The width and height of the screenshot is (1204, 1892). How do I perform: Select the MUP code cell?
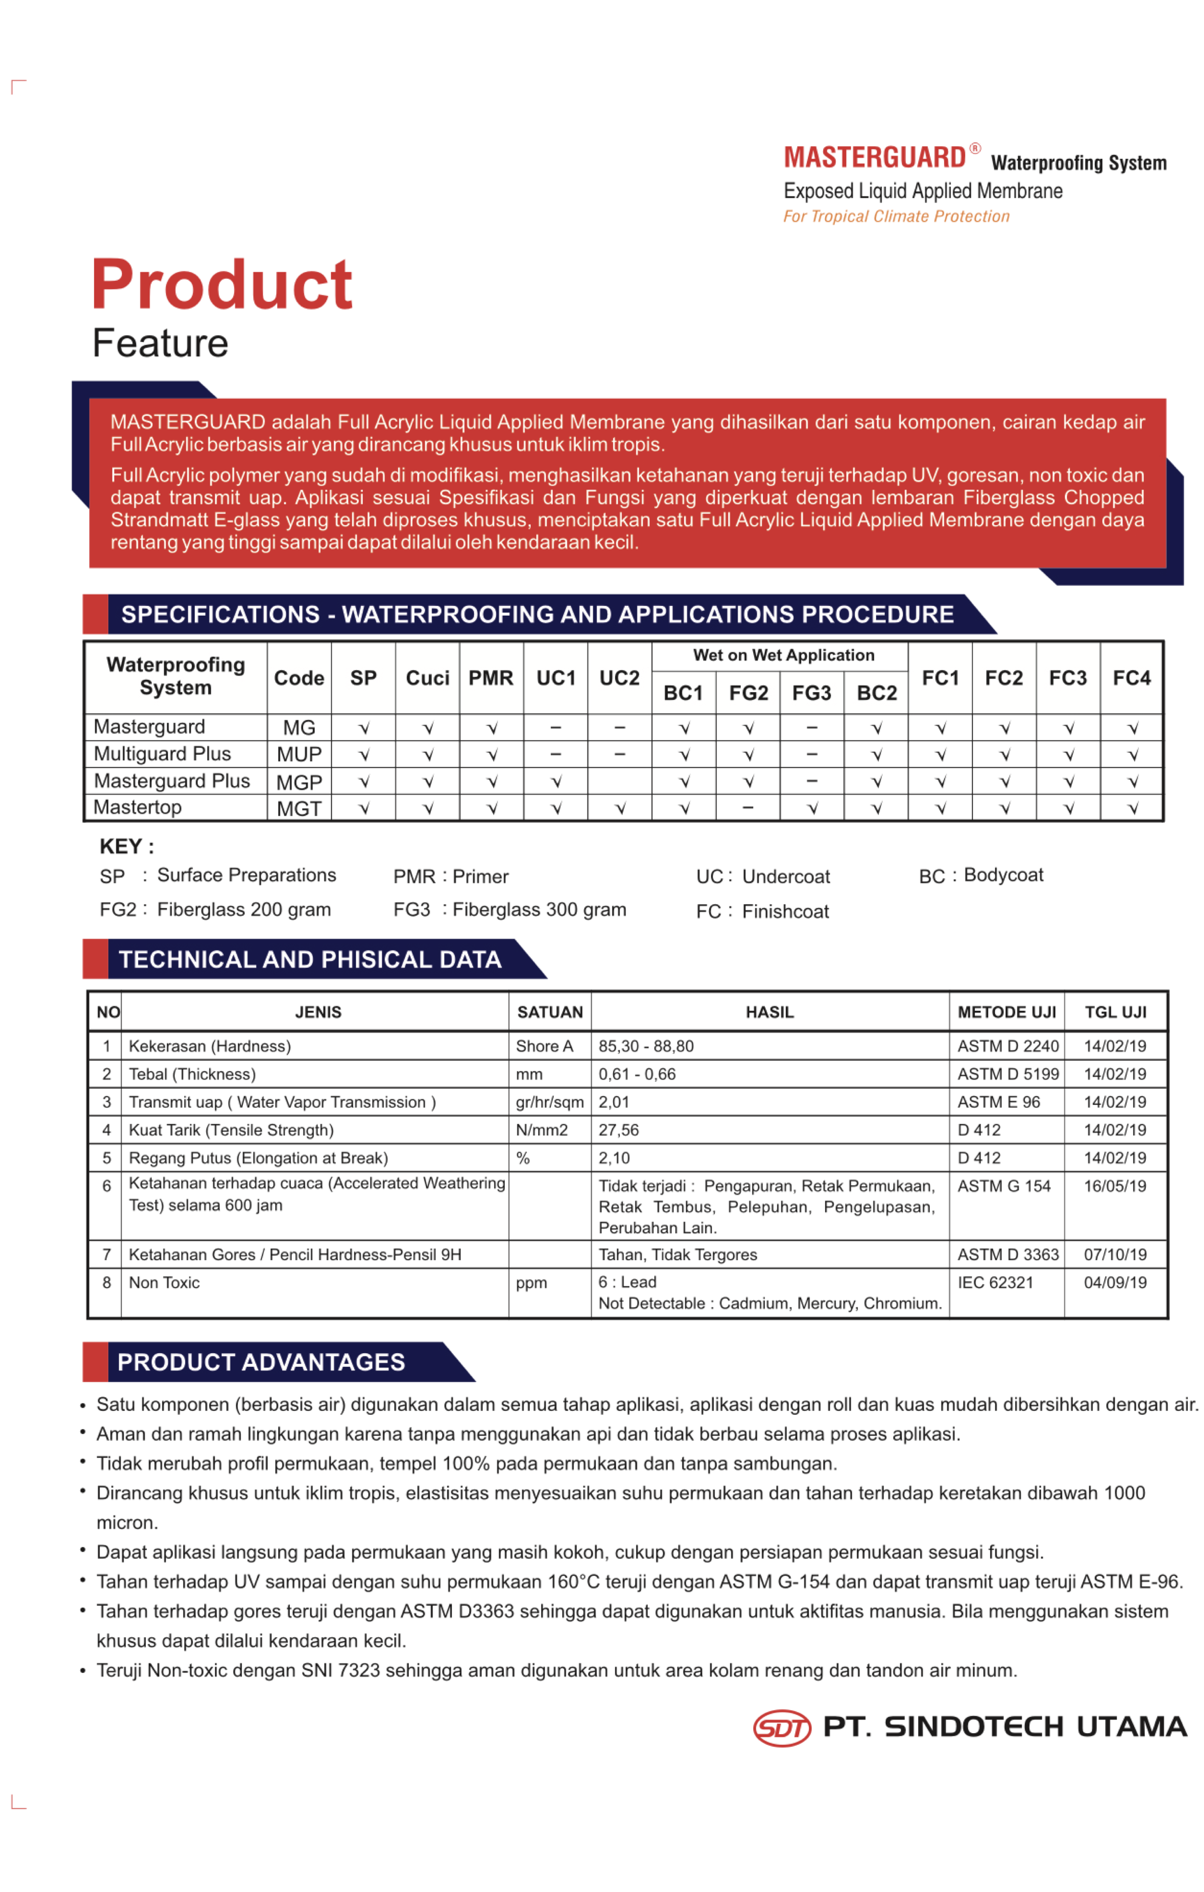(298, 755)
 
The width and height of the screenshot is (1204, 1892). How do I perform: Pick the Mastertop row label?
(138, 808)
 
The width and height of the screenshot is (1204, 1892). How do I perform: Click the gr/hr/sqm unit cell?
(549, 1102)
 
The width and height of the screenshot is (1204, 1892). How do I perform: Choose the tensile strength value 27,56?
(619, 1131)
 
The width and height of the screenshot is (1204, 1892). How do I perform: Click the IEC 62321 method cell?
(995, 1283)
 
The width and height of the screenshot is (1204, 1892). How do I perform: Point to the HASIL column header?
(769, 1013)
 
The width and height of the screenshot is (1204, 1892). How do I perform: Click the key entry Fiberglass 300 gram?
(539, 910)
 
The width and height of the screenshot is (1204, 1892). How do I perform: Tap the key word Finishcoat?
(785, 912)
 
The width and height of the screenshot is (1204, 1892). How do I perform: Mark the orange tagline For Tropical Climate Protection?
(896, 217)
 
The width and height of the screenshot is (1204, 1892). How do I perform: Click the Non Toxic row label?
(164, 1283)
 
